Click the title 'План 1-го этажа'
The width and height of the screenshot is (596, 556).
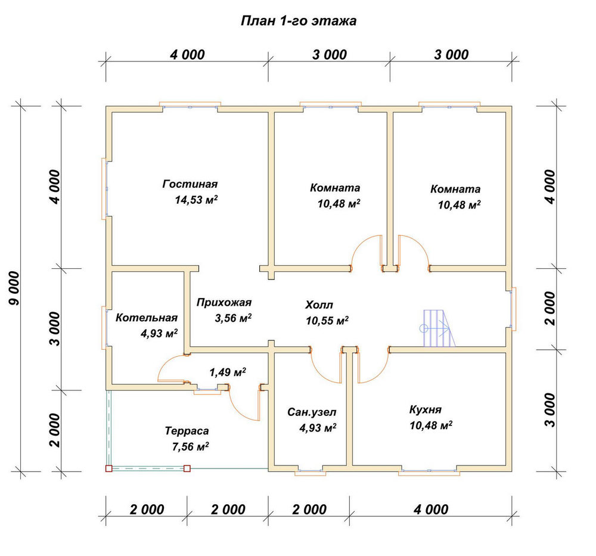(x=299, y=20)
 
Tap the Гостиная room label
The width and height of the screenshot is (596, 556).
(x=190, y=184)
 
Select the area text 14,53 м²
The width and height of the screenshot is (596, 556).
(x=196, y=200)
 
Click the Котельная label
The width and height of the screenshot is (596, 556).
(x=147, y=318)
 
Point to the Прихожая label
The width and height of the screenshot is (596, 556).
(x=224, y=302)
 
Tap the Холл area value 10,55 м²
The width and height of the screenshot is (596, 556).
(x=327, y=321)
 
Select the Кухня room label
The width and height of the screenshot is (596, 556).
(x=426, y=409)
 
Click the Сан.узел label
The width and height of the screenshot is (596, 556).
(x=312, y=412)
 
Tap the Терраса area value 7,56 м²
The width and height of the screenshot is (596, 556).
(x=191, y=446)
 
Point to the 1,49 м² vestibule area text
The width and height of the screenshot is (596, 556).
(x=227, y=372)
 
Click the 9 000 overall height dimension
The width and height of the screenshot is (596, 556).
(x=14, y=288)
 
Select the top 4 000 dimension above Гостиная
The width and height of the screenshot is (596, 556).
(x=187, y=55)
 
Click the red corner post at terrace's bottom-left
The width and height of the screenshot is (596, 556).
(x=108, y=468)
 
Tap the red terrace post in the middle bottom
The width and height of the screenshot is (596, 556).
(x=187, y=468)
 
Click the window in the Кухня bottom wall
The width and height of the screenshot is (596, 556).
(x=429, y=471)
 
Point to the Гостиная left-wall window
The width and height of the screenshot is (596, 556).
(x=104, y=189)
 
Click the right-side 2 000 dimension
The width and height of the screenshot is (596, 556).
(x=550, y=308)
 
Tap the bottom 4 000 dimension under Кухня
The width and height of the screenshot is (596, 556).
(x=431, y=510)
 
